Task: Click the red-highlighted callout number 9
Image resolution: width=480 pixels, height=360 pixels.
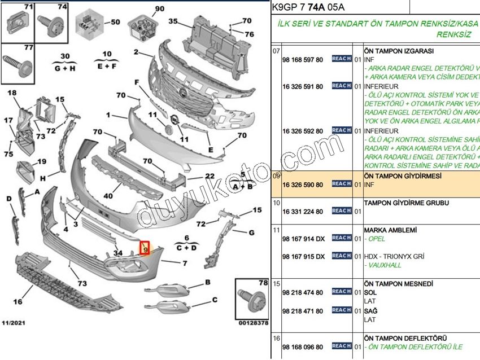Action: pyautogui.click(x=145, y=248)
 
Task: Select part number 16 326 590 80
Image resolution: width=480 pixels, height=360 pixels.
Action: pyautogui.click(x=303, y=185)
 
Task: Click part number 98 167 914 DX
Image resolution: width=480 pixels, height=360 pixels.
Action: pyautogui.click(x=303, y=239)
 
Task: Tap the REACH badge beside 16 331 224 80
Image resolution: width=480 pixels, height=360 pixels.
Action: pyautogui.click(x=342, y=211)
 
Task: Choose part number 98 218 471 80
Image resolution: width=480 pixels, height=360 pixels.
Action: pyautogui.click(x=303, y=311)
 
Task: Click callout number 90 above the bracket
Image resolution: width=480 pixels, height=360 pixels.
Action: pyautogui.click(x=159, y=8)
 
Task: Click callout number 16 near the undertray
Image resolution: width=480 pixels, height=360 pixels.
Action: pyautogui.click(x=18, y=302)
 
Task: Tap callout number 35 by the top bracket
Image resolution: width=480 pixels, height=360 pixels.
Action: pyautogui.click(x=172, y=21)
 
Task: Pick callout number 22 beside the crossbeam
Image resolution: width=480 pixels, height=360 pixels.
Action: pyautogui.click(x=210, y=176)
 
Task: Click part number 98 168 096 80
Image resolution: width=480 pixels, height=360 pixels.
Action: pyautogui.click(x=303, y=347)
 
